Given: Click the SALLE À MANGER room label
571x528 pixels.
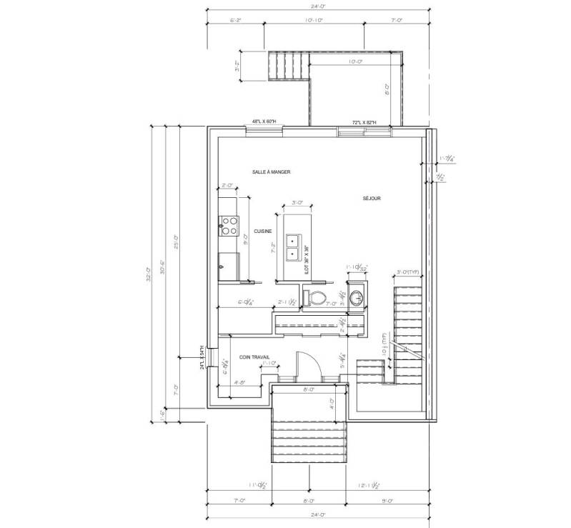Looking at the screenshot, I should point(271,173).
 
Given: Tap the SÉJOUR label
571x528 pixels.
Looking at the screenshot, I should point(371,198).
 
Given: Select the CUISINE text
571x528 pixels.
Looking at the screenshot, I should point(262,231).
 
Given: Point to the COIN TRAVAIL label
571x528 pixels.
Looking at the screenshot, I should point(254,358).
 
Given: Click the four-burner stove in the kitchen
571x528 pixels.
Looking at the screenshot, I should point(229,226).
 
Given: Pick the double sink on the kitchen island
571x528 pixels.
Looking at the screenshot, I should point(293,246).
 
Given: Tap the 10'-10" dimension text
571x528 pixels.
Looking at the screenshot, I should point(314,21).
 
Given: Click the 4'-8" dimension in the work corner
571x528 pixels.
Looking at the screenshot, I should point(240,383).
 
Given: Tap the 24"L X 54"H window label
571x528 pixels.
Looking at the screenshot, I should point(202,357).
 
